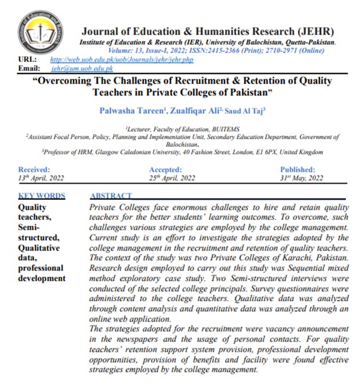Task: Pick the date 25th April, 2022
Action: (x=172, y=177)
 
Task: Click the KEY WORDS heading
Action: (x=42, y=196)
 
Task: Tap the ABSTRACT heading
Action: (x=111, y=196)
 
